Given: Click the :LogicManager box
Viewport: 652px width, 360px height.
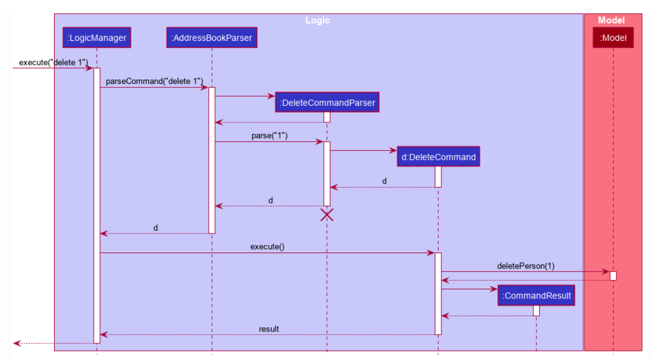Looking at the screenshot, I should pos(97,39).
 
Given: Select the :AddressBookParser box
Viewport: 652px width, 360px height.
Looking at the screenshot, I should pos(211,39).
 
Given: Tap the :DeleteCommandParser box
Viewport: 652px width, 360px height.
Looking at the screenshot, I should pos(327,103).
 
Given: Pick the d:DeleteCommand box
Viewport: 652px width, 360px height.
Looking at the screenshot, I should pos(438,157).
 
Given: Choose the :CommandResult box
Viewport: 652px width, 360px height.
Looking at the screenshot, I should pos(536,296).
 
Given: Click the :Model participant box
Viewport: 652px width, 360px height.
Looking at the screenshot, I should pos(613,39).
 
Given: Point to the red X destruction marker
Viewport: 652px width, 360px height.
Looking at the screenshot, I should pos(327,215).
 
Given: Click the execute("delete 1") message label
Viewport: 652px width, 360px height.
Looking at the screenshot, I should pos(54,62).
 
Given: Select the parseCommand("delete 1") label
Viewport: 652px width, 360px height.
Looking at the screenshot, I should pos(154,81).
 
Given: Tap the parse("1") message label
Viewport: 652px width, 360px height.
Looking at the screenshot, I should pos(269,136).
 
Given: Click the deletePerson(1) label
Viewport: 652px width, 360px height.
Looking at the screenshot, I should pos(525,266).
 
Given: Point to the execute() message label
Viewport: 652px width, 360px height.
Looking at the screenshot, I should pos(267,247).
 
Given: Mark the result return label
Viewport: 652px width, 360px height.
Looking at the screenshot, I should pos(269,329).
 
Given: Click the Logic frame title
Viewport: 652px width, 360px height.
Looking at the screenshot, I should pos(318,20).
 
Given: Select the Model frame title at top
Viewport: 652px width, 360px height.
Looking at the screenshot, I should pos(611,20).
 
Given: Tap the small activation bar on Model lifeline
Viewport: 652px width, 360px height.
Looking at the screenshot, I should pos(613,275).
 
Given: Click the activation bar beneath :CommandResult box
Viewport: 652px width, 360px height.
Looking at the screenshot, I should pos(536,311).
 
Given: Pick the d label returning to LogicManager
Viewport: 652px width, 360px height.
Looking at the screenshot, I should pos(155,228).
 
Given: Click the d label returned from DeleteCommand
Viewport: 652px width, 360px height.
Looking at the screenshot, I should pos(384,181).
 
